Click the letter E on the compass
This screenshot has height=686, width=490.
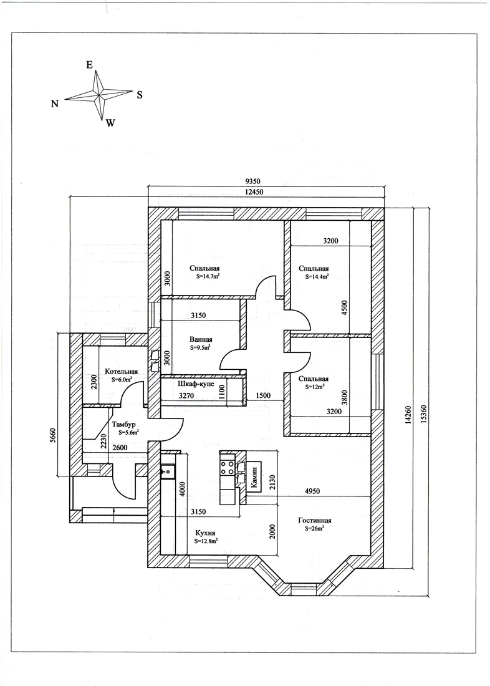pyautogui.click(x=89, y=65)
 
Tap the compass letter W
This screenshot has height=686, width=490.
pyautogui.click(x=110, y=123)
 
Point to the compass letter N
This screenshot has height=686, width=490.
pyautogui.click(x=55, y=104)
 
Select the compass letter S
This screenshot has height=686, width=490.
pyautogui.click(x=140, y=95)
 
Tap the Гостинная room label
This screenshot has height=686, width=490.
pyautogui.click(x=315, y=520)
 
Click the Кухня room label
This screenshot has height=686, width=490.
pyautogui.click(x=205, y=533)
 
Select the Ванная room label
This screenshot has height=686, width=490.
pyautogui.click(x=201, y=339)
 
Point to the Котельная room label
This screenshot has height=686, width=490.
pyautogui.click(x=121, y=372)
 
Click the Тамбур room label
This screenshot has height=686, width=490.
pyautogui.click(x=124, y=424)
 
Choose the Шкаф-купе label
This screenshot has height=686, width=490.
pyautogui.click(x=196, y=384)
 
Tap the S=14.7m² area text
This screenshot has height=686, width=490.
pyautogui.click(x=208, y=276)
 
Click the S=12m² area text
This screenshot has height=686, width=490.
pyautogui.click(x=315, y=387)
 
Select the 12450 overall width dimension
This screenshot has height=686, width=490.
pyautogui.click(x=254, y=192)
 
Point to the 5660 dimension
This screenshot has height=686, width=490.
pyautogui.click(x=54, y=437)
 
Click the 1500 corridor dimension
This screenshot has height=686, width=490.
pyautogui.click(x=262, y=395)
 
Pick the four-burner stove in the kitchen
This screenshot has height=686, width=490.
pyautogui.click(x=228, y=467)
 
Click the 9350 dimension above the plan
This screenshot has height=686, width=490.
pyautogui.click(x=254, y=181)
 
